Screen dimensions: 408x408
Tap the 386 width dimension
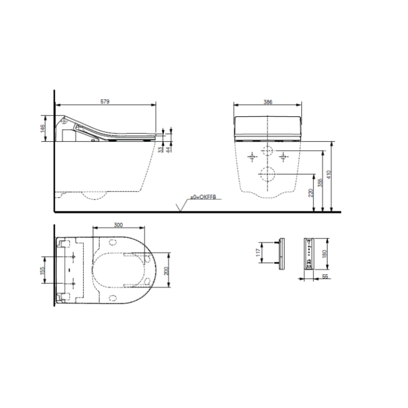coord(268,102)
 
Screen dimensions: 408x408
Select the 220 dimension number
coord(311,193)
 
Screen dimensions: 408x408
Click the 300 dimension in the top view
coord(118,225)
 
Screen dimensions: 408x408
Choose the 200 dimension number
coord(167,271)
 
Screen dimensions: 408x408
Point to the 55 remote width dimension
coord(326,277)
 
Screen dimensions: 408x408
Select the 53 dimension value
coord(160,149)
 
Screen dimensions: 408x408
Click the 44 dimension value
coord(168,149)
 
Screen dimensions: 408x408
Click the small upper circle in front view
coord(267,153)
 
